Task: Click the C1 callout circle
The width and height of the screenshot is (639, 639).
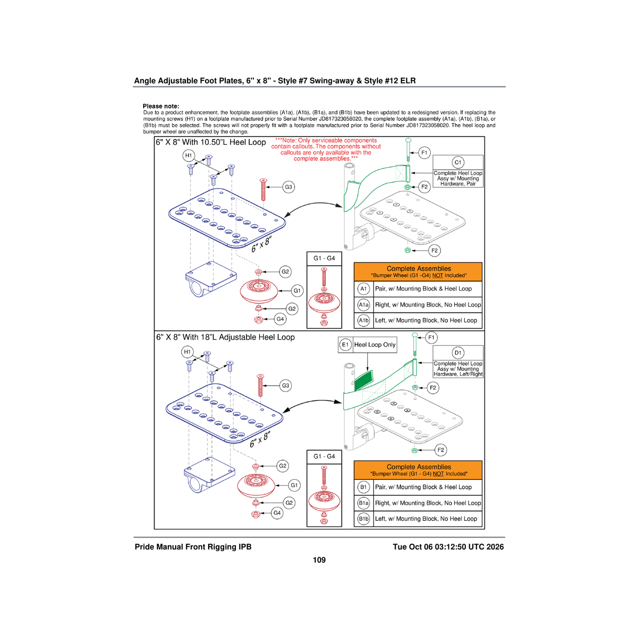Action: pyautogui.click(x=457, y=162)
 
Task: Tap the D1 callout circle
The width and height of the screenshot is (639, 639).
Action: pyautogui.click(x=457, y=353)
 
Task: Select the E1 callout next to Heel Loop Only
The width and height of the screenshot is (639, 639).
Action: pyautogui.click(x=345, y=345)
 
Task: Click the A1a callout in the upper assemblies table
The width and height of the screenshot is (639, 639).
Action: pyautogui.click(x=364, y=305)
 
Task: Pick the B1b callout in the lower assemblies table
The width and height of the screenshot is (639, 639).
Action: pyautogui.click(x=364, y=519)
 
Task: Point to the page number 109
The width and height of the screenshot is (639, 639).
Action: pyautogui.click(x=319, y=560)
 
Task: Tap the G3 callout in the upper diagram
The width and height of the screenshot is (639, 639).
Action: pyautogui.click(x=289, y=187)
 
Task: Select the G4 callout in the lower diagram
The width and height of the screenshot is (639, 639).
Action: pyautogui.click(x=277, y=513)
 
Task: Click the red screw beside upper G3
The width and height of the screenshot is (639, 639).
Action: pyautogui.click(x=263, y=190)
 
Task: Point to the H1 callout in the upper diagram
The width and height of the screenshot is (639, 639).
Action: pyautogui.click(x=189, y=155)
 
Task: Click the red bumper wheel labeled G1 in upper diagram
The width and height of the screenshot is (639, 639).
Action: pyautogui.click(x=259, y=291)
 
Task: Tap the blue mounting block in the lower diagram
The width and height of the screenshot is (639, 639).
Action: pyautogui.click(x=209, y=474)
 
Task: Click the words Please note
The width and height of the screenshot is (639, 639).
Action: pyautogui.click(x=161, y=106)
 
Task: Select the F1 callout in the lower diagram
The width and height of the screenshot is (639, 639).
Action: pyautogui.click(x=431, y=338)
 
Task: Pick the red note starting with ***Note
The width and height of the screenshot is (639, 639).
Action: pyautogui.click(x=326, y=150)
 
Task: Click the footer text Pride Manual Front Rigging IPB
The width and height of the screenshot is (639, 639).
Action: pyautogui.click(x=193, y=547)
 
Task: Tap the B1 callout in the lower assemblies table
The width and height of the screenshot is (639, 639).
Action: pyautogui.click(x=364, y=487)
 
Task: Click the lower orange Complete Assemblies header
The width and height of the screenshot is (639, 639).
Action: pyautogui.click(x=418, y=470)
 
